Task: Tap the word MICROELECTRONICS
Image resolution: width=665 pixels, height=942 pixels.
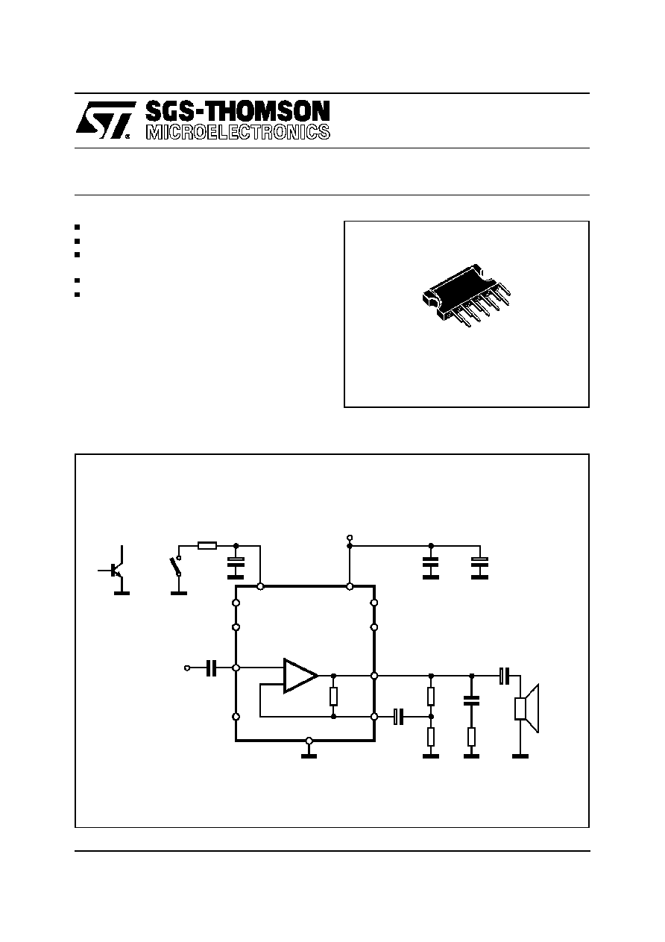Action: pyautogui.click(x=238, y=132)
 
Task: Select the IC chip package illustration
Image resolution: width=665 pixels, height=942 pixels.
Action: pyautogui.click(x=467, y=295)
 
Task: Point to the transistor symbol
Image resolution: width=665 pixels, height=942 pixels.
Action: pyautogui.click(x=113, y=570)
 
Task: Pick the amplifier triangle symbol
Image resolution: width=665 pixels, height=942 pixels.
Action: pyautogui.click(x=300, y=676)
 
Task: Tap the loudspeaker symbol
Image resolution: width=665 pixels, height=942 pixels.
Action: pyautogui.click(x=527, y=709)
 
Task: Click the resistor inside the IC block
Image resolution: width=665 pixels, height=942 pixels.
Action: pyautogui.click(x=333, y=697)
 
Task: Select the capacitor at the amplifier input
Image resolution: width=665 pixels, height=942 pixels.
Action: pyautogui.click(x=212, y=668)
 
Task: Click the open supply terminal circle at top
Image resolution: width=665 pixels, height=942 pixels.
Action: pyautogui.click(x=350, y=538)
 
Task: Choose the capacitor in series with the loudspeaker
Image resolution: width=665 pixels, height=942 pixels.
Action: pyautogui.click(x=505, y=676)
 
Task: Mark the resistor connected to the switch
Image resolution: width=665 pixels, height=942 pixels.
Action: pyautogui.click(x=207, y=546)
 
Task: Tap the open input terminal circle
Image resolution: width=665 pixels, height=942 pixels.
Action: pyautogui.click(x=187, y=668)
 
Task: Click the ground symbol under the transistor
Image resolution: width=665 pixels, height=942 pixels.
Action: pyautogui.click(x=122, y=593)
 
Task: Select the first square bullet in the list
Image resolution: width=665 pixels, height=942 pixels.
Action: pyautogui.click(x=77, y=227)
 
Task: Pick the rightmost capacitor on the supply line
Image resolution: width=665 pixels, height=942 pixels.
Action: pyautogui.click(x=479, y=568)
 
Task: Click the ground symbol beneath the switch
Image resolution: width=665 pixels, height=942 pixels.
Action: pyautogui.click(x=179, y=593)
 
